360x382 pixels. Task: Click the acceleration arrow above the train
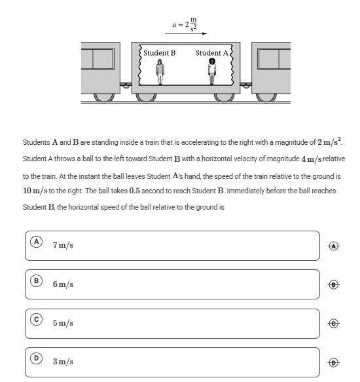(186, 33)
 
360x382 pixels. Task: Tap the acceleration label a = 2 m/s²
(185, 24)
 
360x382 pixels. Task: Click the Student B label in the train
(160, 53)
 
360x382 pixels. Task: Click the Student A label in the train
(212, 53)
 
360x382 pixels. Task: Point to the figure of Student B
(160, 72)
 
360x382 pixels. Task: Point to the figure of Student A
(212, 71)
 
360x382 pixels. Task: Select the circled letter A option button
(36, 242)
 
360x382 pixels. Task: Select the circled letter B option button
(36, 280)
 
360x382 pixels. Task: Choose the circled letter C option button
(36, 319)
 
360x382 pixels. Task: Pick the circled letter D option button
(36, 358)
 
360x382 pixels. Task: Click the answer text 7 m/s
(63, 245)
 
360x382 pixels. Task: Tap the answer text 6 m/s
(63, 284)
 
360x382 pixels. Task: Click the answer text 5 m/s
(63, 323)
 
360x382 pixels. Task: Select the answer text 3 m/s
(63, 362)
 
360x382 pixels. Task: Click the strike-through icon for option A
(333, 246)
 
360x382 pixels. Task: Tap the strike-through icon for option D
(333, 362)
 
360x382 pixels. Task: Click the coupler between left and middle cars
(126, 85)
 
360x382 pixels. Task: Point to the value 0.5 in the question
(135, 191)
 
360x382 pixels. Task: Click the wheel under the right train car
(266, 97)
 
